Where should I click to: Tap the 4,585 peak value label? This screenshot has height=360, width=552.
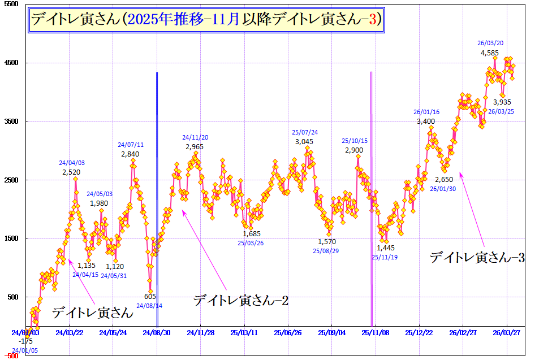490,53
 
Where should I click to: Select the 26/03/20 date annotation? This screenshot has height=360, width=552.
490,43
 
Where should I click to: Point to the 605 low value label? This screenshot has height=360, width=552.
150,297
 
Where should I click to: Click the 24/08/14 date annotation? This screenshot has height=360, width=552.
150,306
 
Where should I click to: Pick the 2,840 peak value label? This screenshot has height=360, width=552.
130,154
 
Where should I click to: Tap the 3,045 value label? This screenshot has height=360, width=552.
304,142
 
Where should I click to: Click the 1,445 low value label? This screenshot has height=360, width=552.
385,248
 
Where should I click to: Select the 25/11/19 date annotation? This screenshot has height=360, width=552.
385,257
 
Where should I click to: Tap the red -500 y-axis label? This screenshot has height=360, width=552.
11,356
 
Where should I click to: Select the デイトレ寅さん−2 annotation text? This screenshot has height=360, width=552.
241,301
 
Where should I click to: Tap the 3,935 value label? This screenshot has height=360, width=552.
502,102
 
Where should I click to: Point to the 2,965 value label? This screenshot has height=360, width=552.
195,147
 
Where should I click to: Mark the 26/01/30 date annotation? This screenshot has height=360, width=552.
443,189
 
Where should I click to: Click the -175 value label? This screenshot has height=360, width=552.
26,341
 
